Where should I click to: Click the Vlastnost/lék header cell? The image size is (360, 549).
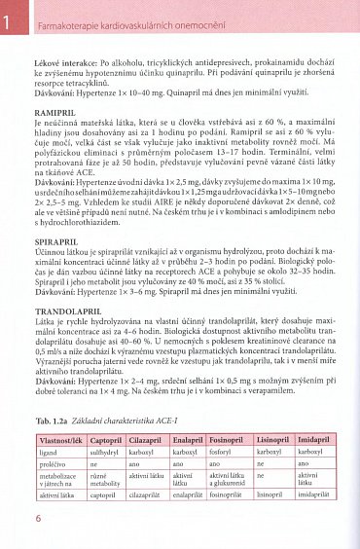tap(59, 440)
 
